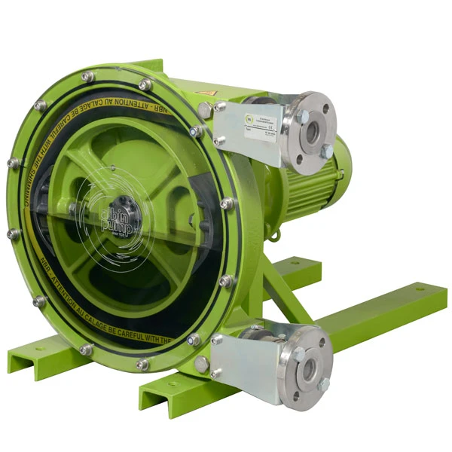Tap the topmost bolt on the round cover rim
point(87,77)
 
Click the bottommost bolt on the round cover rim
point(142,365)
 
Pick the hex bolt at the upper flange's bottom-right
point(326,152)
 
